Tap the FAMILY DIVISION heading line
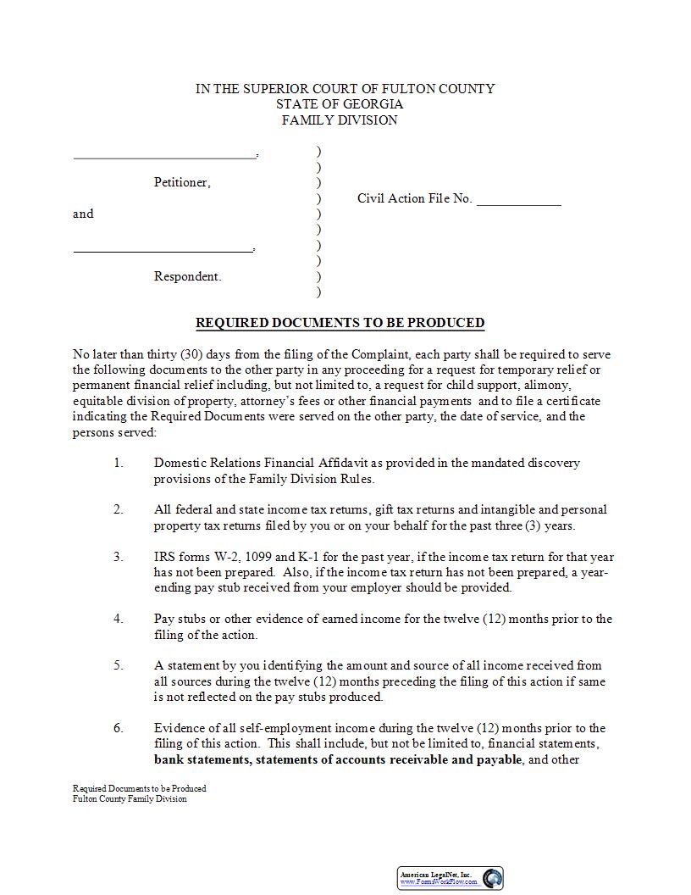pyautogui.click(x=340, y=120)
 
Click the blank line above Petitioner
pyautogui.click(x=164, y=158)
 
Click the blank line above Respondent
pyautogui.click(x=163, y=252)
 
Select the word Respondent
pyautogui.click(x=187, y=276)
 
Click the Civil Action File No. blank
pyautogui.click(x=518, y=204)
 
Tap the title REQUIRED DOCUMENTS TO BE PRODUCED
pyautogui.click(x=340, y=323)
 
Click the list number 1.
pyautogui.click(x=119, y=463)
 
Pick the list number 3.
pyautogui.click(x=119, y=557)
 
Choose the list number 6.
pyautogui.click(x=119, y=728)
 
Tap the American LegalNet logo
pyautogui.click(x=451, y=878)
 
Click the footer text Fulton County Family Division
pyautogui.click(x=130, y=798)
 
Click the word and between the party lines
pyautogui.click(x=83, y=214)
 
